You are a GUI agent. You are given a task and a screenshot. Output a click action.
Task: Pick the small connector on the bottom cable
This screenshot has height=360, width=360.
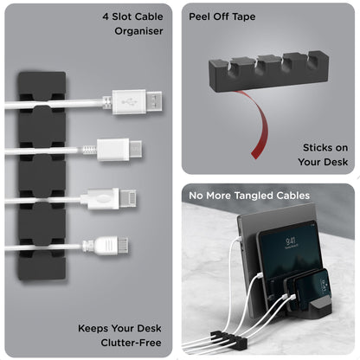(x=103, y=247)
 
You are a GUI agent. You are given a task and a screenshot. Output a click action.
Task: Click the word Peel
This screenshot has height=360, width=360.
(x=203, y=16)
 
